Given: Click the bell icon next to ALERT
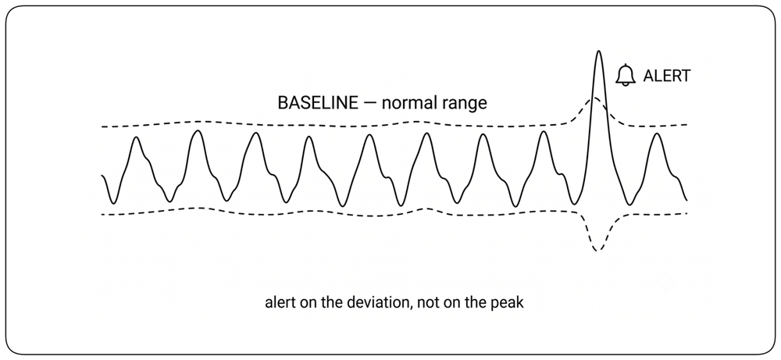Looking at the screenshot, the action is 626,75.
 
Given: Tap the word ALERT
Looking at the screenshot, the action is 667,76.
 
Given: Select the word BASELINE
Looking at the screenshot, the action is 317,103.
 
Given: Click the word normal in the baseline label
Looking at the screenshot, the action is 408,103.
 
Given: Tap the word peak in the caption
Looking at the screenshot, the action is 510,303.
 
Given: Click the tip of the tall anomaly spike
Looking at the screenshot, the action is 598,51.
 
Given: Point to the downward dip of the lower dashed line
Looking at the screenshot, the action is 598,250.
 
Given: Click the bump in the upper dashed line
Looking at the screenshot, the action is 595,98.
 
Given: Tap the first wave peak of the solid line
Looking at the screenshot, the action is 137,137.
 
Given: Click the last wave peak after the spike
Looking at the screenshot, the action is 658,134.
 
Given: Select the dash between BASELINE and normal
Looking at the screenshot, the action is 369,104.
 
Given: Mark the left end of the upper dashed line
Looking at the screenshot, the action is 102,127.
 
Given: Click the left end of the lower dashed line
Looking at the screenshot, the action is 102,215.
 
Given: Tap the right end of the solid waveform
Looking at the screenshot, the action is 686,200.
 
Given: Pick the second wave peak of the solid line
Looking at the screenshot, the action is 198,131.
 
